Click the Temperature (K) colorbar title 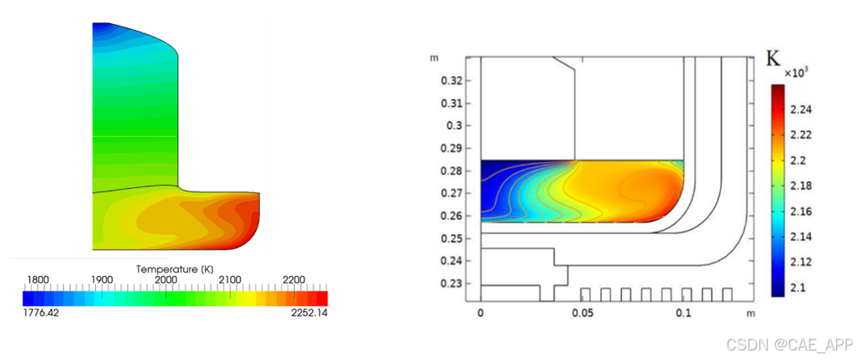click(174, 269)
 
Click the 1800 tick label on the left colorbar click(38, 280)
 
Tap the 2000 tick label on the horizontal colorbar click(166, 280)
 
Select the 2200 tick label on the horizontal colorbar click(293, 280)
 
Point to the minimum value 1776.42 click(39, 313)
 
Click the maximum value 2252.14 click(310, 313)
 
